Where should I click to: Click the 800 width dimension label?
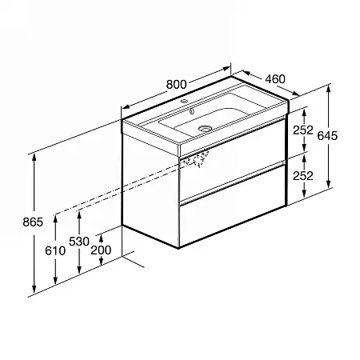coord(176,84)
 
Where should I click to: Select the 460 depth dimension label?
coord(275,79)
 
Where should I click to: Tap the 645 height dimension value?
coord(327,136)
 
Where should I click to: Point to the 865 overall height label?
coord(33,222)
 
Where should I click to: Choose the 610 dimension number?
coord(55,250)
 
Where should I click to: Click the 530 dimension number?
coord(79,242)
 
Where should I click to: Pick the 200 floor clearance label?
coord(101,250)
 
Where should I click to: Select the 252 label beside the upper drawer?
coord(303,130)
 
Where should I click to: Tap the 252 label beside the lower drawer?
coord(303,176)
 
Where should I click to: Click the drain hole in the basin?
coord(205,129)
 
